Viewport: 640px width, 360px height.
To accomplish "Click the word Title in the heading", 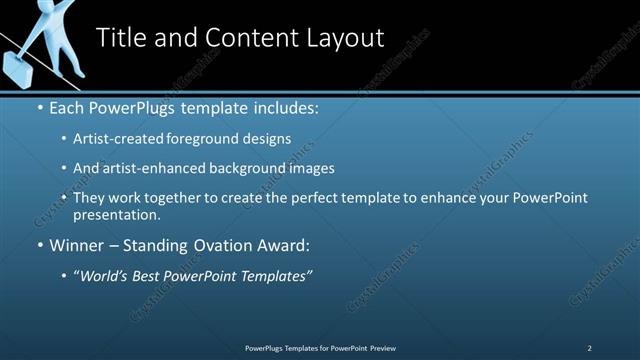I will [122, 38].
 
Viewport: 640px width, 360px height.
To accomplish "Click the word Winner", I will [76, 245].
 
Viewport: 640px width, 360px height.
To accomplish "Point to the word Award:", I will [283, 245].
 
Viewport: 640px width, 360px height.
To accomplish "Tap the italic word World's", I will [104, 276].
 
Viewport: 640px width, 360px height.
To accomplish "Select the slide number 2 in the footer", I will [589, 348].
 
